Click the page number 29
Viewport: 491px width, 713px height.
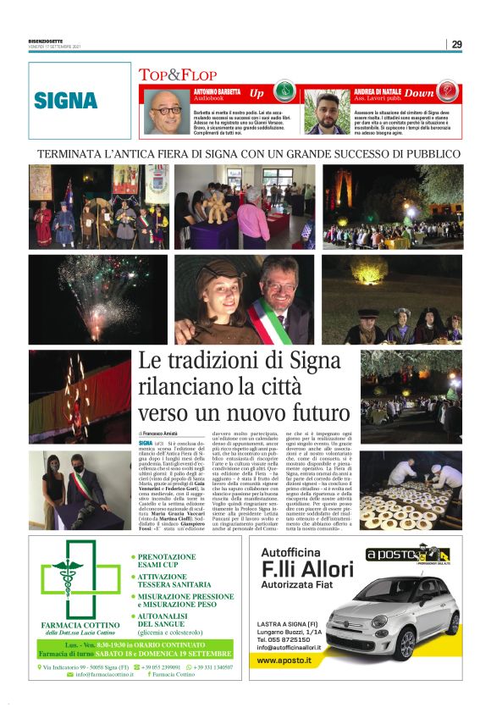pyautogui.click(x=456, y=44)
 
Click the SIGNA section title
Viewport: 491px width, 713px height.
pyautogui.click(x=66, y=100)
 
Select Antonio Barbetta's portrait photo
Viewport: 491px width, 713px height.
pyautogui.click(x=166, y=111)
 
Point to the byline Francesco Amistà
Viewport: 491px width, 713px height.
pyautogui.click(x=162, y=433)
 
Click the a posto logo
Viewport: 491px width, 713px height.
pyautogui.click(x=396, y=555)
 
